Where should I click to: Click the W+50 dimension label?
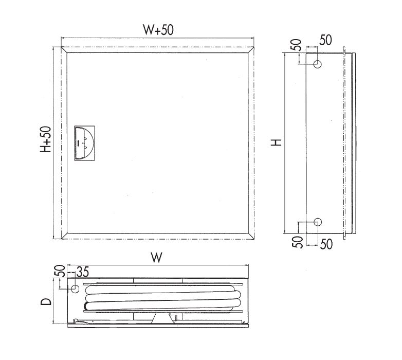coord(157,30)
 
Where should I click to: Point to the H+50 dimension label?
coord(46,140)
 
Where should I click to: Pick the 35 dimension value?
coord(83,271)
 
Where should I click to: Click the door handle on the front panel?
coord(84,142)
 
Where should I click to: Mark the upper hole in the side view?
coord(317,65)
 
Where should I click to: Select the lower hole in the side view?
coord(317,222)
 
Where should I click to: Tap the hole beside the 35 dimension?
coord(75,289)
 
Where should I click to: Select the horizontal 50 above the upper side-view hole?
coord(326,41)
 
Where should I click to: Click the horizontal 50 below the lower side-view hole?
coord(326,244)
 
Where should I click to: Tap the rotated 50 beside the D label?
coord(59,272)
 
